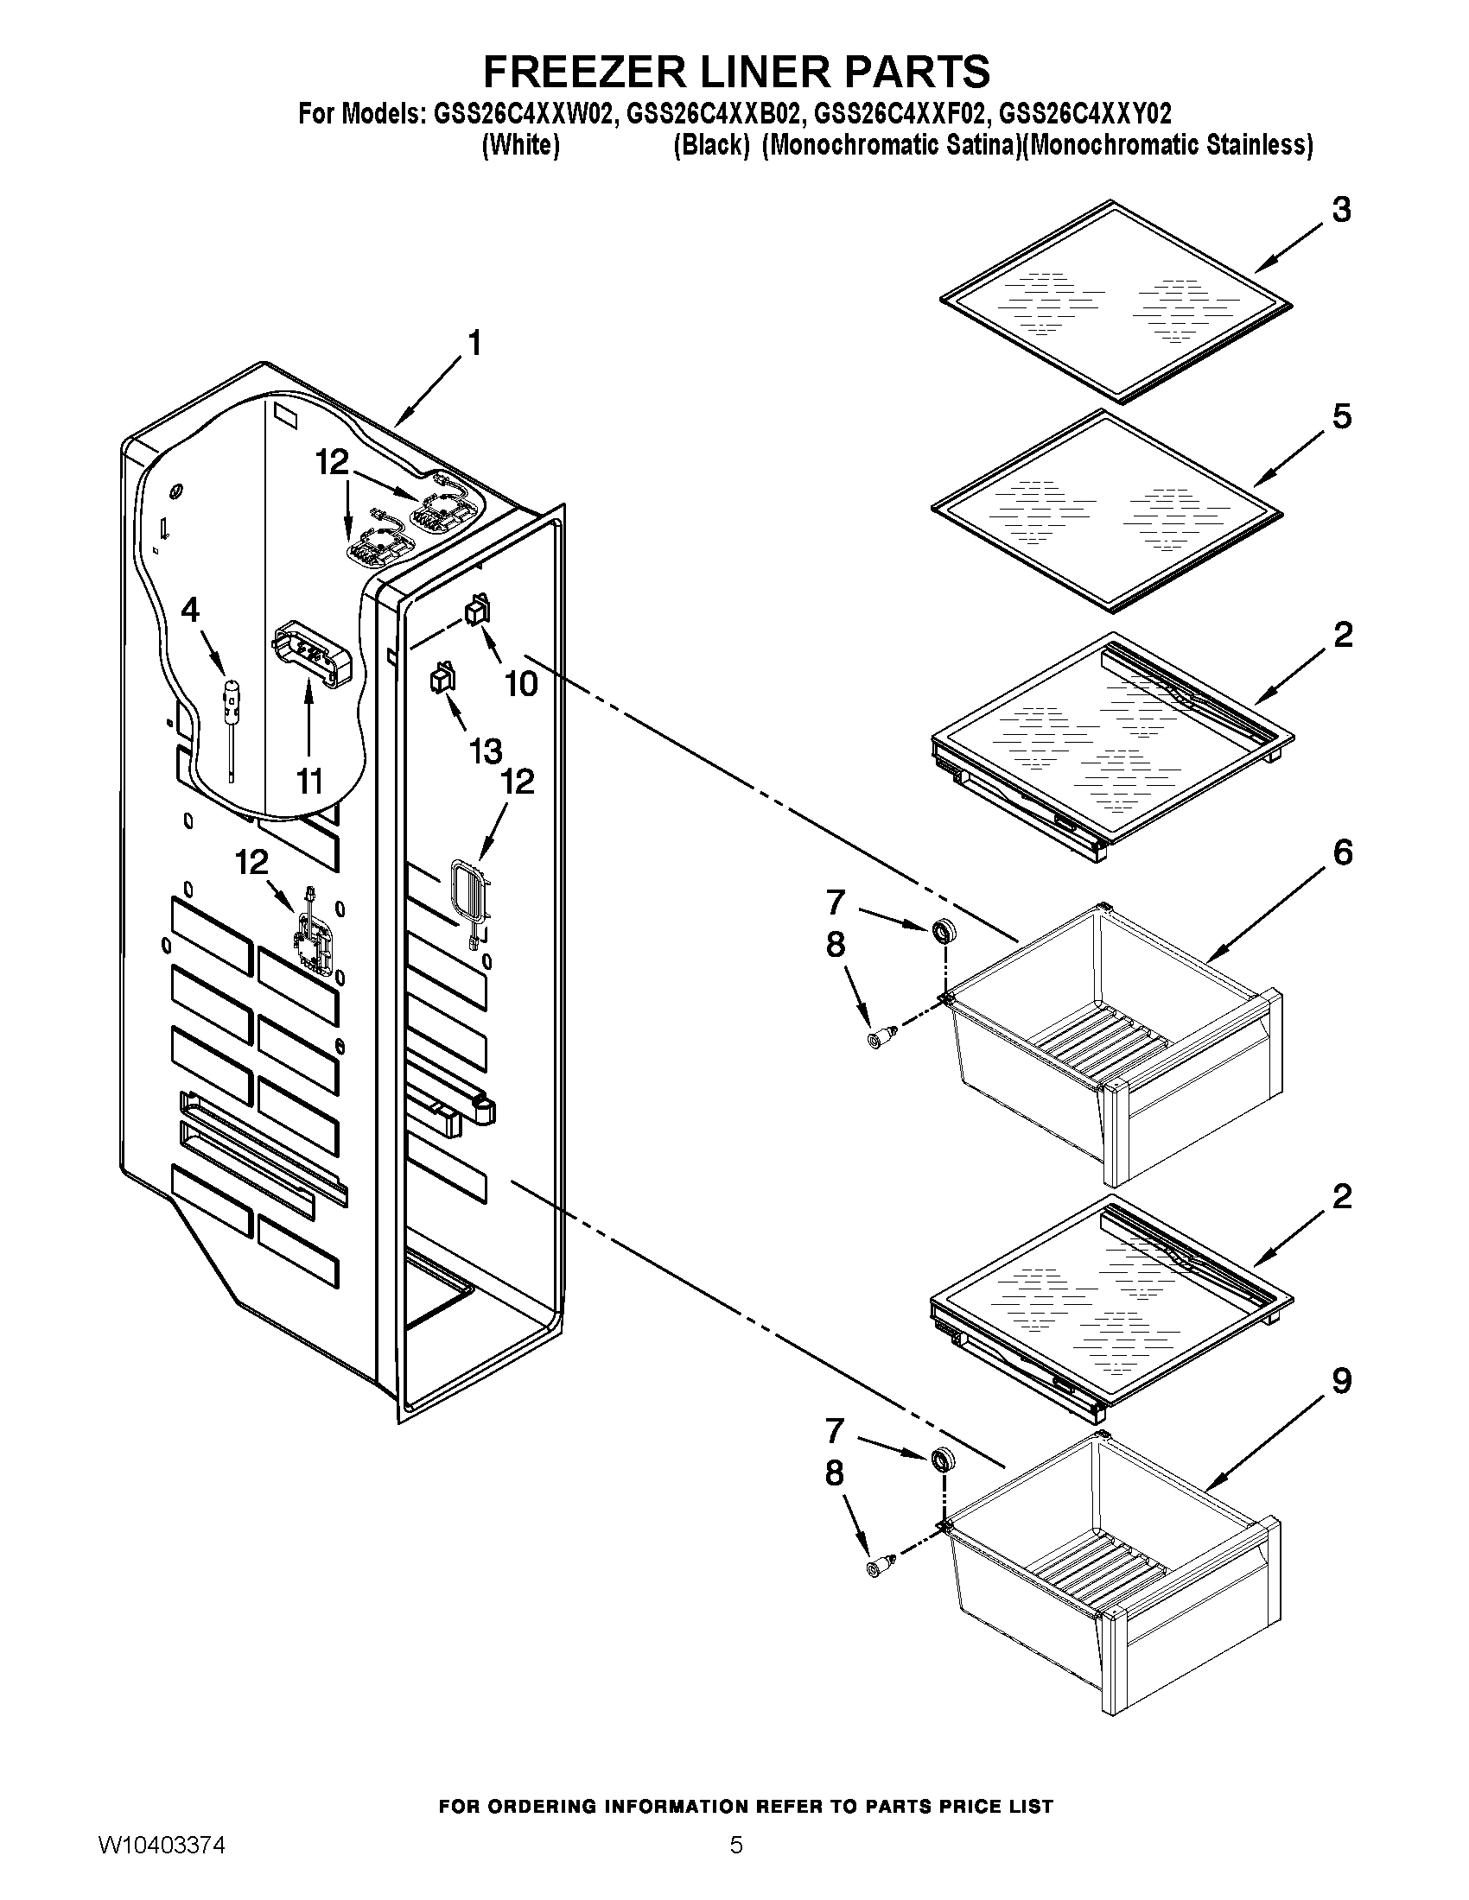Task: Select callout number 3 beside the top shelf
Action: pyautogui.click(x=1341, y=210)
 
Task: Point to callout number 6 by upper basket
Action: pyautogui.click(x=1342, y=852)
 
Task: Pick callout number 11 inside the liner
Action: pyautogui.click(x=309, y=782)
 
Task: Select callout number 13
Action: pyautogui.click(x=485, y=750)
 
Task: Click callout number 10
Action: pyautogui.click(x=521, y=684)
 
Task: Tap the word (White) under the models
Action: pyautogui.click(x=519, y=144)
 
